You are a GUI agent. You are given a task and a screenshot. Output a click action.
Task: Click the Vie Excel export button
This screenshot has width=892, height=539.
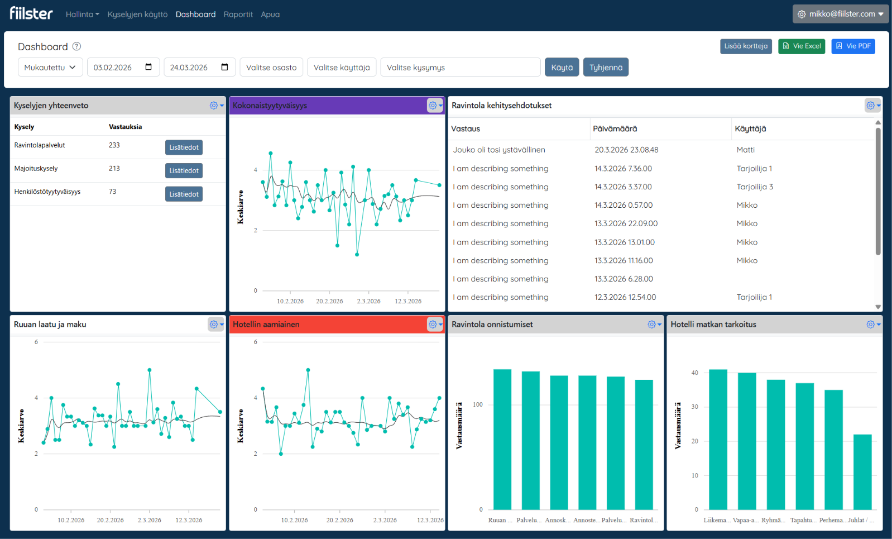tap(802, 46)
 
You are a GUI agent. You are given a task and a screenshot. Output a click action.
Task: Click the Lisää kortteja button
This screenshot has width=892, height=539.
tap(746, 46)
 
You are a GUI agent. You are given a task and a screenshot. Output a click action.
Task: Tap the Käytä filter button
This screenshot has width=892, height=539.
tap(562, 68)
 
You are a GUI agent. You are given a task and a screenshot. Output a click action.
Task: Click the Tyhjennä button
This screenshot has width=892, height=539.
tap(606, 68)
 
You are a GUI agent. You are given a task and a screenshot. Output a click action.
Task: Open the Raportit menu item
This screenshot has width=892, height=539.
tap(238, 15)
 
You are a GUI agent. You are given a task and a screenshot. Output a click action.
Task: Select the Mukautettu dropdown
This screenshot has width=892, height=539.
tap(50, 68)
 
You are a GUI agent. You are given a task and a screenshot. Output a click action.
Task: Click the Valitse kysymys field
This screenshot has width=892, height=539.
tap(461, 68)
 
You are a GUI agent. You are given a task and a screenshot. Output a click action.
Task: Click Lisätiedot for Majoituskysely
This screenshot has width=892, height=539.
tap(184, 170)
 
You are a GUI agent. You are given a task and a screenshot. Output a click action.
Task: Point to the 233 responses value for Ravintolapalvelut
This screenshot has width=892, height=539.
tap(114, 145)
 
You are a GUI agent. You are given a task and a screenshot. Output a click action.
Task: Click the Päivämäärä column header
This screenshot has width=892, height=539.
tap(615, 128)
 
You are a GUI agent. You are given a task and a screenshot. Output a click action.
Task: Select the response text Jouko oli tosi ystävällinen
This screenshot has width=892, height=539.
tap(499, 150)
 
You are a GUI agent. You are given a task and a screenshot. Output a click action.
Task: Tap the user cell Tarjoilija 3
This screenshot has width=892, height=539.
tap(755, 187)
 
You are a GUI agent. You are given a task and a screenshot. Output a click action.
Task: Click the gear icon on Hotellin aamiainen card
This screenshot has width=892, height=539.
tap(433, 325)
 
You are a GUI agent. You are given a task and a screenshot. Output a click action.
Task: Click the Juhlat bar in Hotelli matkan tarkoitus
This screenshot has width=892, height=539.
tap(862, 472)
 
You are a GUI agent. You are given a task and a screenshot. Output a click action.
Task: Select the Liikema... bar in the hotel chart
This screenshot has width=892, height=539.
tap(718, 440)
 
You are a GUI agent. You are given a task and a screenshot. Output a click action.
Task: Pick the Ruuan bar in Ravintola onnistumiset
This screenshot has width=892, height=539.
tap(502, 440)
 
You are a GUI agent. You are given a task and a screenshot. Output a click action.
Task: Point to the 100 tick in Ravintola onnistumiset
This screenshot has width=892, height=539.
tap(477, 405)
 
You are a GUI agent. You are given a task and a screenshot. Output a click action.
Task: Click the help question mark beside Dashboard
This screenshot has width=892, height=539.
tap(77, 46)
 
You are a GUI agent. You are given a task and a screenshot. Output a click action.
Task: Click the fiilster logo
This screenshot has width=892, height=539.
tap(31, 13)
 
